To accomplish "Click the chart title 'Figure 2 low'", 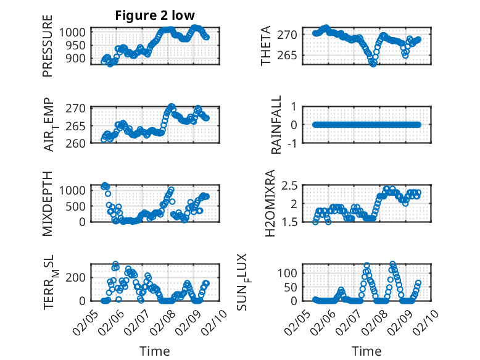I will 155,16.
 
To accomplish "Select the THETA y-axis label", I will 266,46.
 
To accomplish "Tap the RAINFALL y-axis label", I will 277,125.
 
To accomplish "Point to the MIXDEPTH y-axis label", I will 48,203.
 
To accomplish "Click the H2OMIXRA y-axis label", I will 270,203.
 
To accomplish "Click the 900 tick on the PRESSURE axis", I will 80,58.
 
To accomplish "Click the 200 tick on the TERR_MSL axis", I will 80,277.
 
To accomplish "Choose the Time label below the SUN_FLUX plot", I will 366,351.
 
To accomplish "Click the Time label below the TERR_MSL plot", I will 155,351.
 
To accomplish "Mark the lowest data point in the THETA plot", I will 373,63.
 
